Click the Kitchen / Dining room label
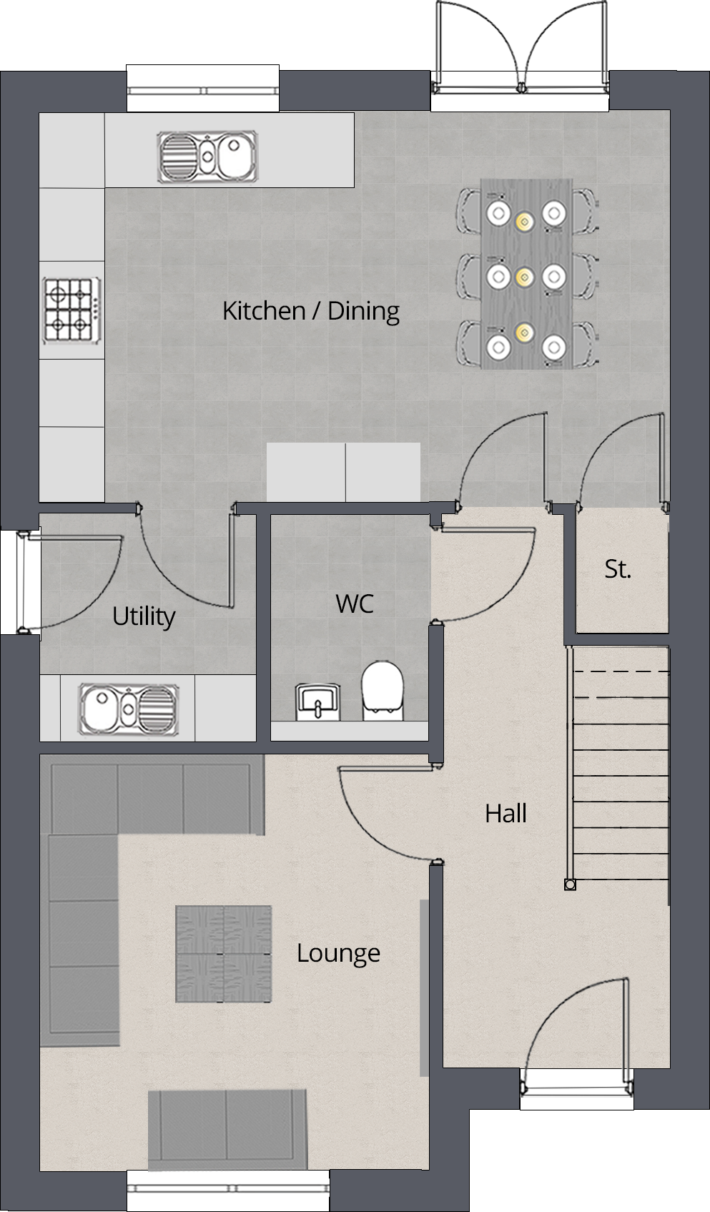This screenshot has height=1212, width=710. (x=311, y=312)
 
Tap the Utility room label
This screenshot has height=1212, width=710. (x=144, y=616)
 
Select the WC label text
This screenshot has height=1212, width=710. (x=355, y=603)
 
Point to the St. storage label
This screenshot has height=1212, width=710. (x=618, y=569)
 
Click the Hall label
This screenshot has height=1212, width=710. (x=506, y=813)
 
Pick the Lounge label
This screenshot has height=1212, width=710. (x=338, y=953)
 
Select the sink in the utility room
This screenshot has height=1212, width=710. (x=129, y=709)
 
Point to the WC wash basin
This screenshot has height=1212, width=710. (x=317, y=702)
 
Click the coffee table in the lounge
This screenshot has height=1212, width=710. (x=224, y=954)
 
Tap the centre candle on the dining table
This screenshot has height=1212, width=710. (x=523, y=277)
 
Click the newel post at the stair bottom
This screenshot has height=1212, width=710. (x=570, y=885)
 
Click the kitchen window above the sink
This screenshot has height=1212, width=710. (x=203, y=90)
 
